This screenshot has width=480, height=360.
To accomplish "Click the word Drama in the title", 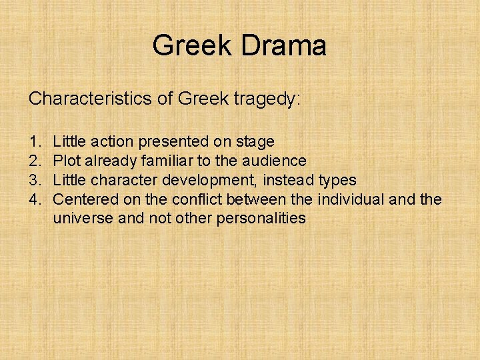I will coord(286,45).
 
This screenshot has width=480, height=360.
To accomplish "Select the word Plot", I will coord(66,161).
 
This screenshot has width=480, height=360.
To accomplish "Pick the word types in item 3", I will coord(337,181).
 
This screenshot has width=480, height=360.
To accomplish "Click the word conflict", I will coord(199,199).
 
